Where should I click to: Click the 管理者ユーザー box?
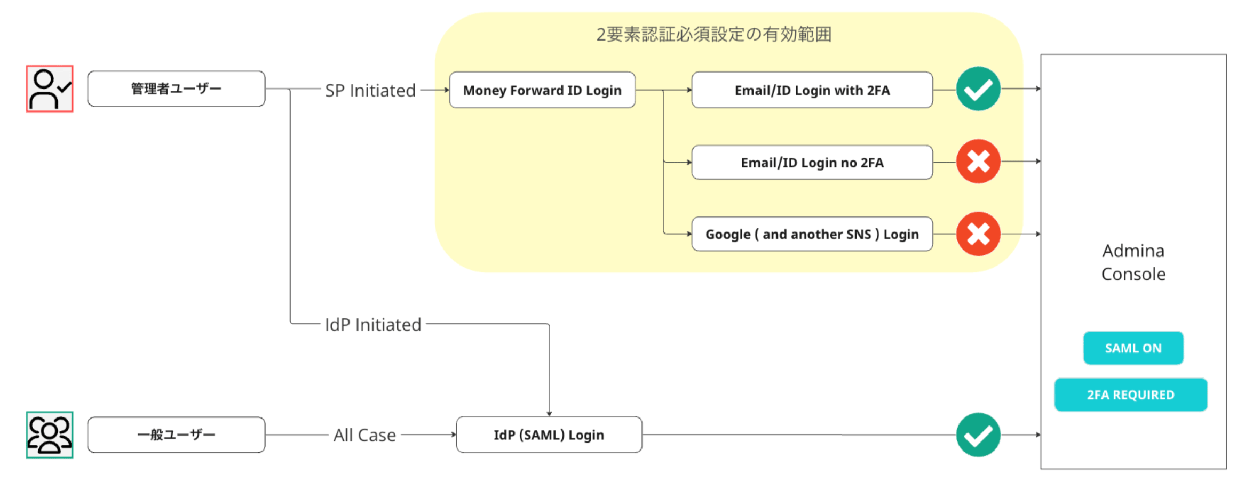(x=176, y=89)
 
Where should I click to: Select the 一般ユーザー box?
(x=176, y=435)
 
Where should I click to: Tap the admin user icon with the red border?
(x=50, y=89)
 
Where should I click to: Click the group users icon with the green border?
(x=50, y=435)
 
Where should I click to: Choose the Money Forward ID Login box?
(x=542, y=90)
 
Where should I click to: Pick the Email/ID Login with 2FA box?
(x=812, y=90)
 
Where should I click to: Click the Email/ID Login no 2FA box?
(x=812, y=162)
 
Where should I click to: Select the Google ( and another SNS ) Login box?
(x=812, y=234)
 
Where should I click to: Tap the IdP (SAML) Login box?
(x=549, y=435)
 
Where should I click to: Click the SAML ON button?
(x=1133, y=348)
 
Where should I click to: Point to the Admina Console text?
(x=1133, y=262)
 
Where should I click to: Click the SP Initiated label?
(x=370, y=91)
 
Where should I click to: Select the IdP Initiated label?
(x=373, y=325)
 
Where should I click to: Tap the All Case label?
(x=365, y=435)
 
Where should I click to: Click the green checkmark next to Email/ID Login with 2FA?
(x=978, y=89)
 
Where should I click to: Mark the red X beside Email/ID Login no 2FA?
(x=978, y=161)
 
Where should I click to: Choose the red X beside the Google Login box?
(x=978, y=234)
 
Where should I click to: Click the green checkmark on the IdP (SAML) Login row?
(x=978, y=435)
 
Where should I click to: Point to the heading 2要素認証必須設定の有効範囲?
(x=714, y=34)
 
